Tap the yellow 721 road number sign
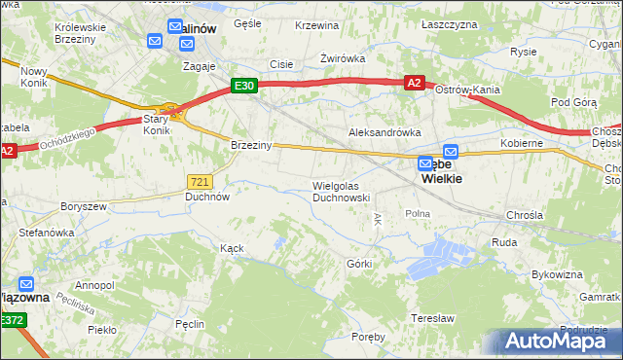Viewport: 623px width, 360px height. coord(200,182)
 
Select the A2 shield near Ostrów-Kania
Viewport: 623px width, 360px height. coord(414,84)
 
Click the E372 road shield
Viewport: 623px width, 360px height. coord(13,320)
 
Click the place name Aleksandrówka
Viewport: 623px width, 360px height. coord(385,131)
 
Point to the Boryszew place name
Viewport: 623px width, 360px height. coord(82,206)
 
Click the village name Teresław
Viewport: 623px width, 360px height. coord(433,318)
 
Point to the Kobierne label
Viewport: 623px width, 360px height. coord(522,143)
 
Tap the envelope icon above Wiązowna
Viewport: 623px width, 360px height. coord(26,285)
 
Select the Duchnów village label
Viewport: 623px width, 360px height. coord(207,196)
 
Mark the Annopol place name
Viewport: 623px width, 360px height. coord(94,285)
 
